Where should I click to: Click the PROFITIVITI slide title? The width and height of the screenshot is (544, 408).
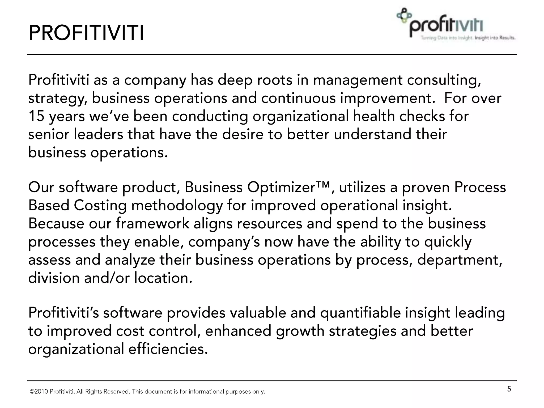coord(86,33)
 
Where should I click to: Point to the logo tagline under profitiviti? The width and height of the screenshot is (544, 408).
coord(468,38)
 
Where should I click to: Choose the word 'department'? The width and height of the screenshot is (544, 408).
coord(459,260)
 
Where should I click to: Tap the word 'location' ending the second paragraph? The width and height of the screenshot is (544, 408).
coord(163,278)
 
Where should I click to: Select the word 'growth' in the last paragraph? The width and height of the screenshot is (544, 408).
coord(300,331)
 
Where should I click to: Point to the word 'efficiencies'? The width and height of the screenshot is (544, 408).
coord(168,349)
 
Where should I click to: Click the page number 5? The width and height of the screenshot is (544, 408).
coord(509,389)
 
